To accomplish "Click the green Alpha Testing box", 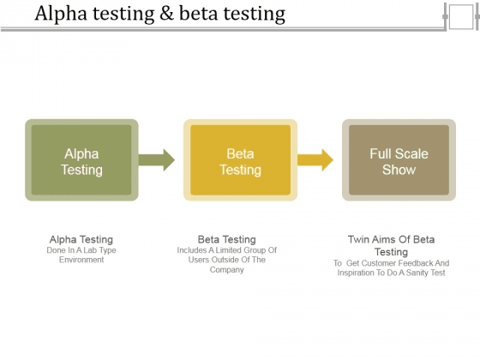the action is pyautogui.click(x=81, y=160).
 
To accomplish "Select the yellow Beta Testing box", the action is pyautogui.click(x=240, y=160).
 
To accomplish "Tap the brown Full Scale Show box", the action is pyautogui.click(x=399, y=160).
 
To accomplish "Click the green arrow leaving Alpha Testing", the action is pyautogui.click(x=156, y=160).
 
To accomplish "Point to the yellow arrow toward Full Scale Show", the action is pyautogui.click(x=315, y=160).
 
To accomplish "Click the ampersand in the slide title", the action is pyautogui.click(x=166, y=14).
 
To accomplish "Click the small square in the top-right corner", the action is pyautogui.click(x=461, y=17).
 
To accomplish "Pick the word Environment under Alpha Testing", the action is pyautogui.click(x=81, y=260).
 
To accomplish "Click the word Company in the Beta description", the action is pyautogui.click(x=227, y=270).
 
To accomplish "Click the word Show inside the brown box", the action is pyautogui.click(x=399, y=170).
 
